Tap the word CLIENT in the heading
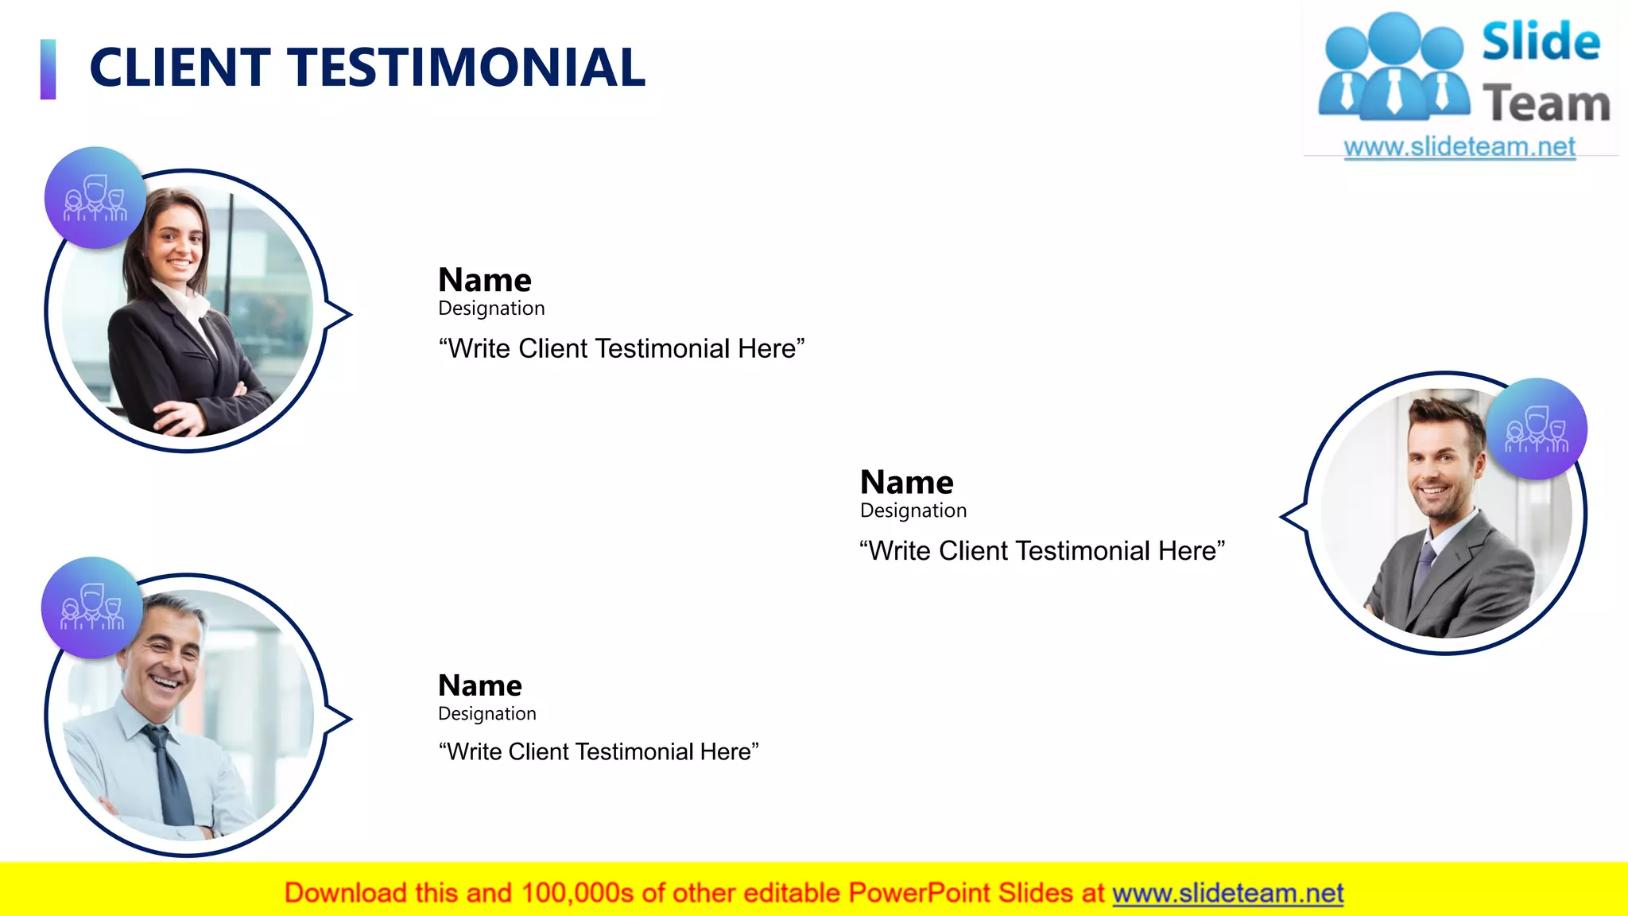click(180, 68)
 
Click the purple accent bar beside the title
click(48, 69)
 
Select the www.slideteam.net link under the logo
click(1459, 147)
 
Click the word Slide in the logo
click(1541, 42)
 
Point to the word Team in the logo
click(1546, 104)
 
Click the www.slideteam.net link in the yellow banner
click(1227, 894)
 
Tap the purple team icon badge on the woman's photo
click(95, 197)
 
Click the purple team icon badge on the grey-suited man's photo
click(1537, 429)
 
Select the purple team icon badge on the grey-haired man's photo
click(92, 607)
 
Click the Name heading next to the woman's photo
click(485, 280)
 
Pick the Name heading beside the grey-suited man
click(906, 483)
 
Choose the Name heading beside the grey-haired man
click(480, 685)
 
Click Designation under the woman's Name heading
click(491, 309)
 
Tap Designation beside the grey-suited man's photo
click(913, 510)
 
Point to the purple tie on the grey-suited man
click(1424, 569)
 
